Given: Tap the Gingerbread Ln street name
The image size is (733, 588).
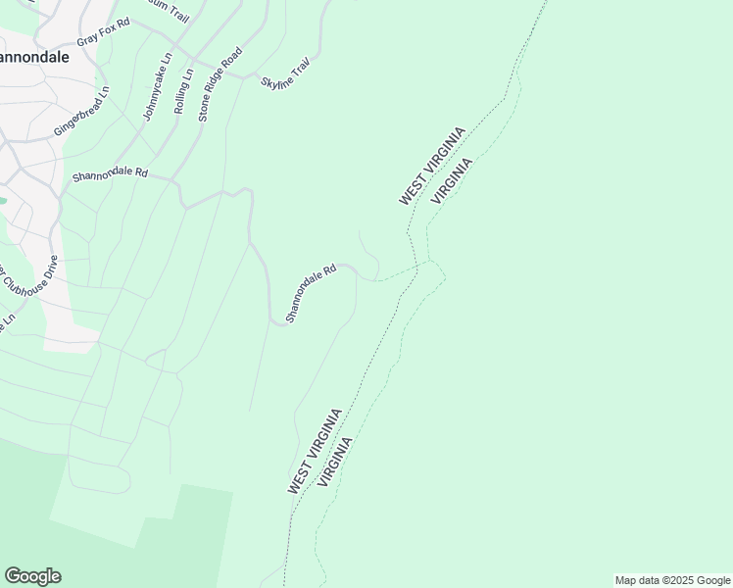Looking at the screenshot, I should click(81, 111).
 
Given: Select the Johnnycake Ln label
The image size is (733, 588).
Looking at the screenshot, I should click(157, 87).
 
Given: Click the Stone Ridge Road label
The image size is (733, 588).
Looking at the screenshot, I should click(219, 83).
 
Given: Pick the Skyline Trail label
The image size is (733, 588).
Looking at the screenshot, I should click(285, 75).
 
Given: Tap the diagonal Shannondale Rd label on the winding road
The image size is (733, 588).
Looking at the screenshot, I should click(311, 292).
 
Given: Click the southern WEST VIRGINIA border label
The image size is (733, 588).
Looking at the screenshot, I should click(315, 451).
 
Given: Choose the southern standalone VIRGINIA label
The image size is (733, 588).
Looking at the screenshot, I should click(334, 462).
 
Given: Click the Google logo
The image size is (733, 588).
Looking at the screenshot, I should click(32, 576).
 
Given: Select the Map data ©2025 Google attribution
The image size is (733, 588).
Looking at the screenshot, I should click(672, 580).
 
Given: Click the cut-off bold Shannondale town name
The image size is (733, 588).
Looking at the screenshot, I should click(34, 57).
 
